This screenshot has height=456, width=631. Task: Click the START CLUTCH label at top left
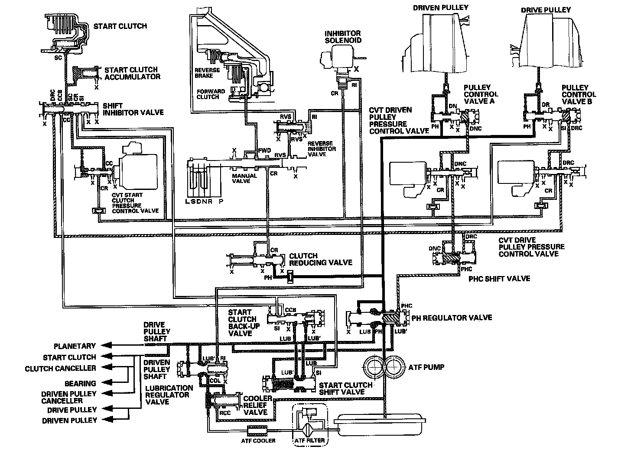(x=120, y=26)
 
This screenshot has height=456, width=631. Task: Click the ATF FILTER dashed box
(x=309, y=424)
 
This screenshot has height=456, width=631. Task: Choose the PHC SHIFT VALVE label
(x=499, y=279)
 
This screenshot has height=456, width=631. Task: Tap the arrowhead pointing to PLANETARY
(x=104, y=346)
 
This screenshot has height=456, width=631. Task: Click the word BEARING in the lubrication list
(x=80, y=383)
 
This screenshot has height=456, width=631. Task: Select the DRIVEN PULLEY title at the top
(x=441, y=7)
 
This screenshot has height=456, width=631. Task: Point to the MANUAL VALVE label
(x=244, y=178)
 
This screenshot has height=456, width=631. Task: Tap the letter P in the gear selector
(x=222, y=202)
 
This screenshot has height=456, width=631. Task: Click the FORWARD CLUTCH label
(x=211, y=94)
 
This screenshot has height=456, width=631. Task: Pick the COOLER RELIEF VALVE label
(x=257, y=405)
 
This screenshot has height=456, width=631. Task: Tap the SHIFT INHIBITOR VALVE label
(x=133, y=109)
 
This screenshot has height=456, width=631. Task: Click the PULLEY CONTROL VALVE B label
(x=579, y=94)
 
